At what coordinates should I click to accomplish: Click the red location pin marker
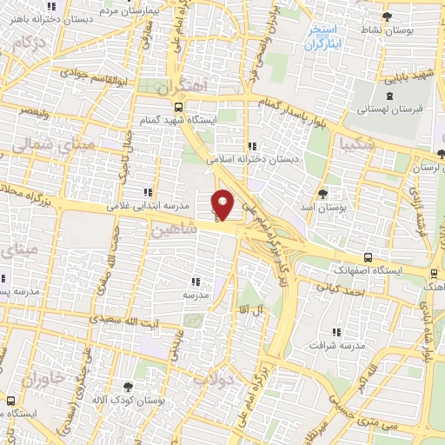click(x=223, y=204)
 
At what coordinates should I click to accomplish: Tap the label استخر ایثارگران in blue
click(x=323, y=35)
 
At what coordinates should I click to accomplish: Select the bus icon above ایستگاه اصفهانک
click(x=369, y=257)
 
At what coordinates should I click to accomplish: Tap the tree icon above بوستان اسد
click(x=323, y=193)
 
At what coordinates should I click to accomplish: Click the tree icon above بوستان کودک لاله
click(x=130, y=385)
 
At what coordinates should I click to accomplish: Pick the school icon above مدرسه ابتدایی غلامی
click(x=148, y=192)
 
